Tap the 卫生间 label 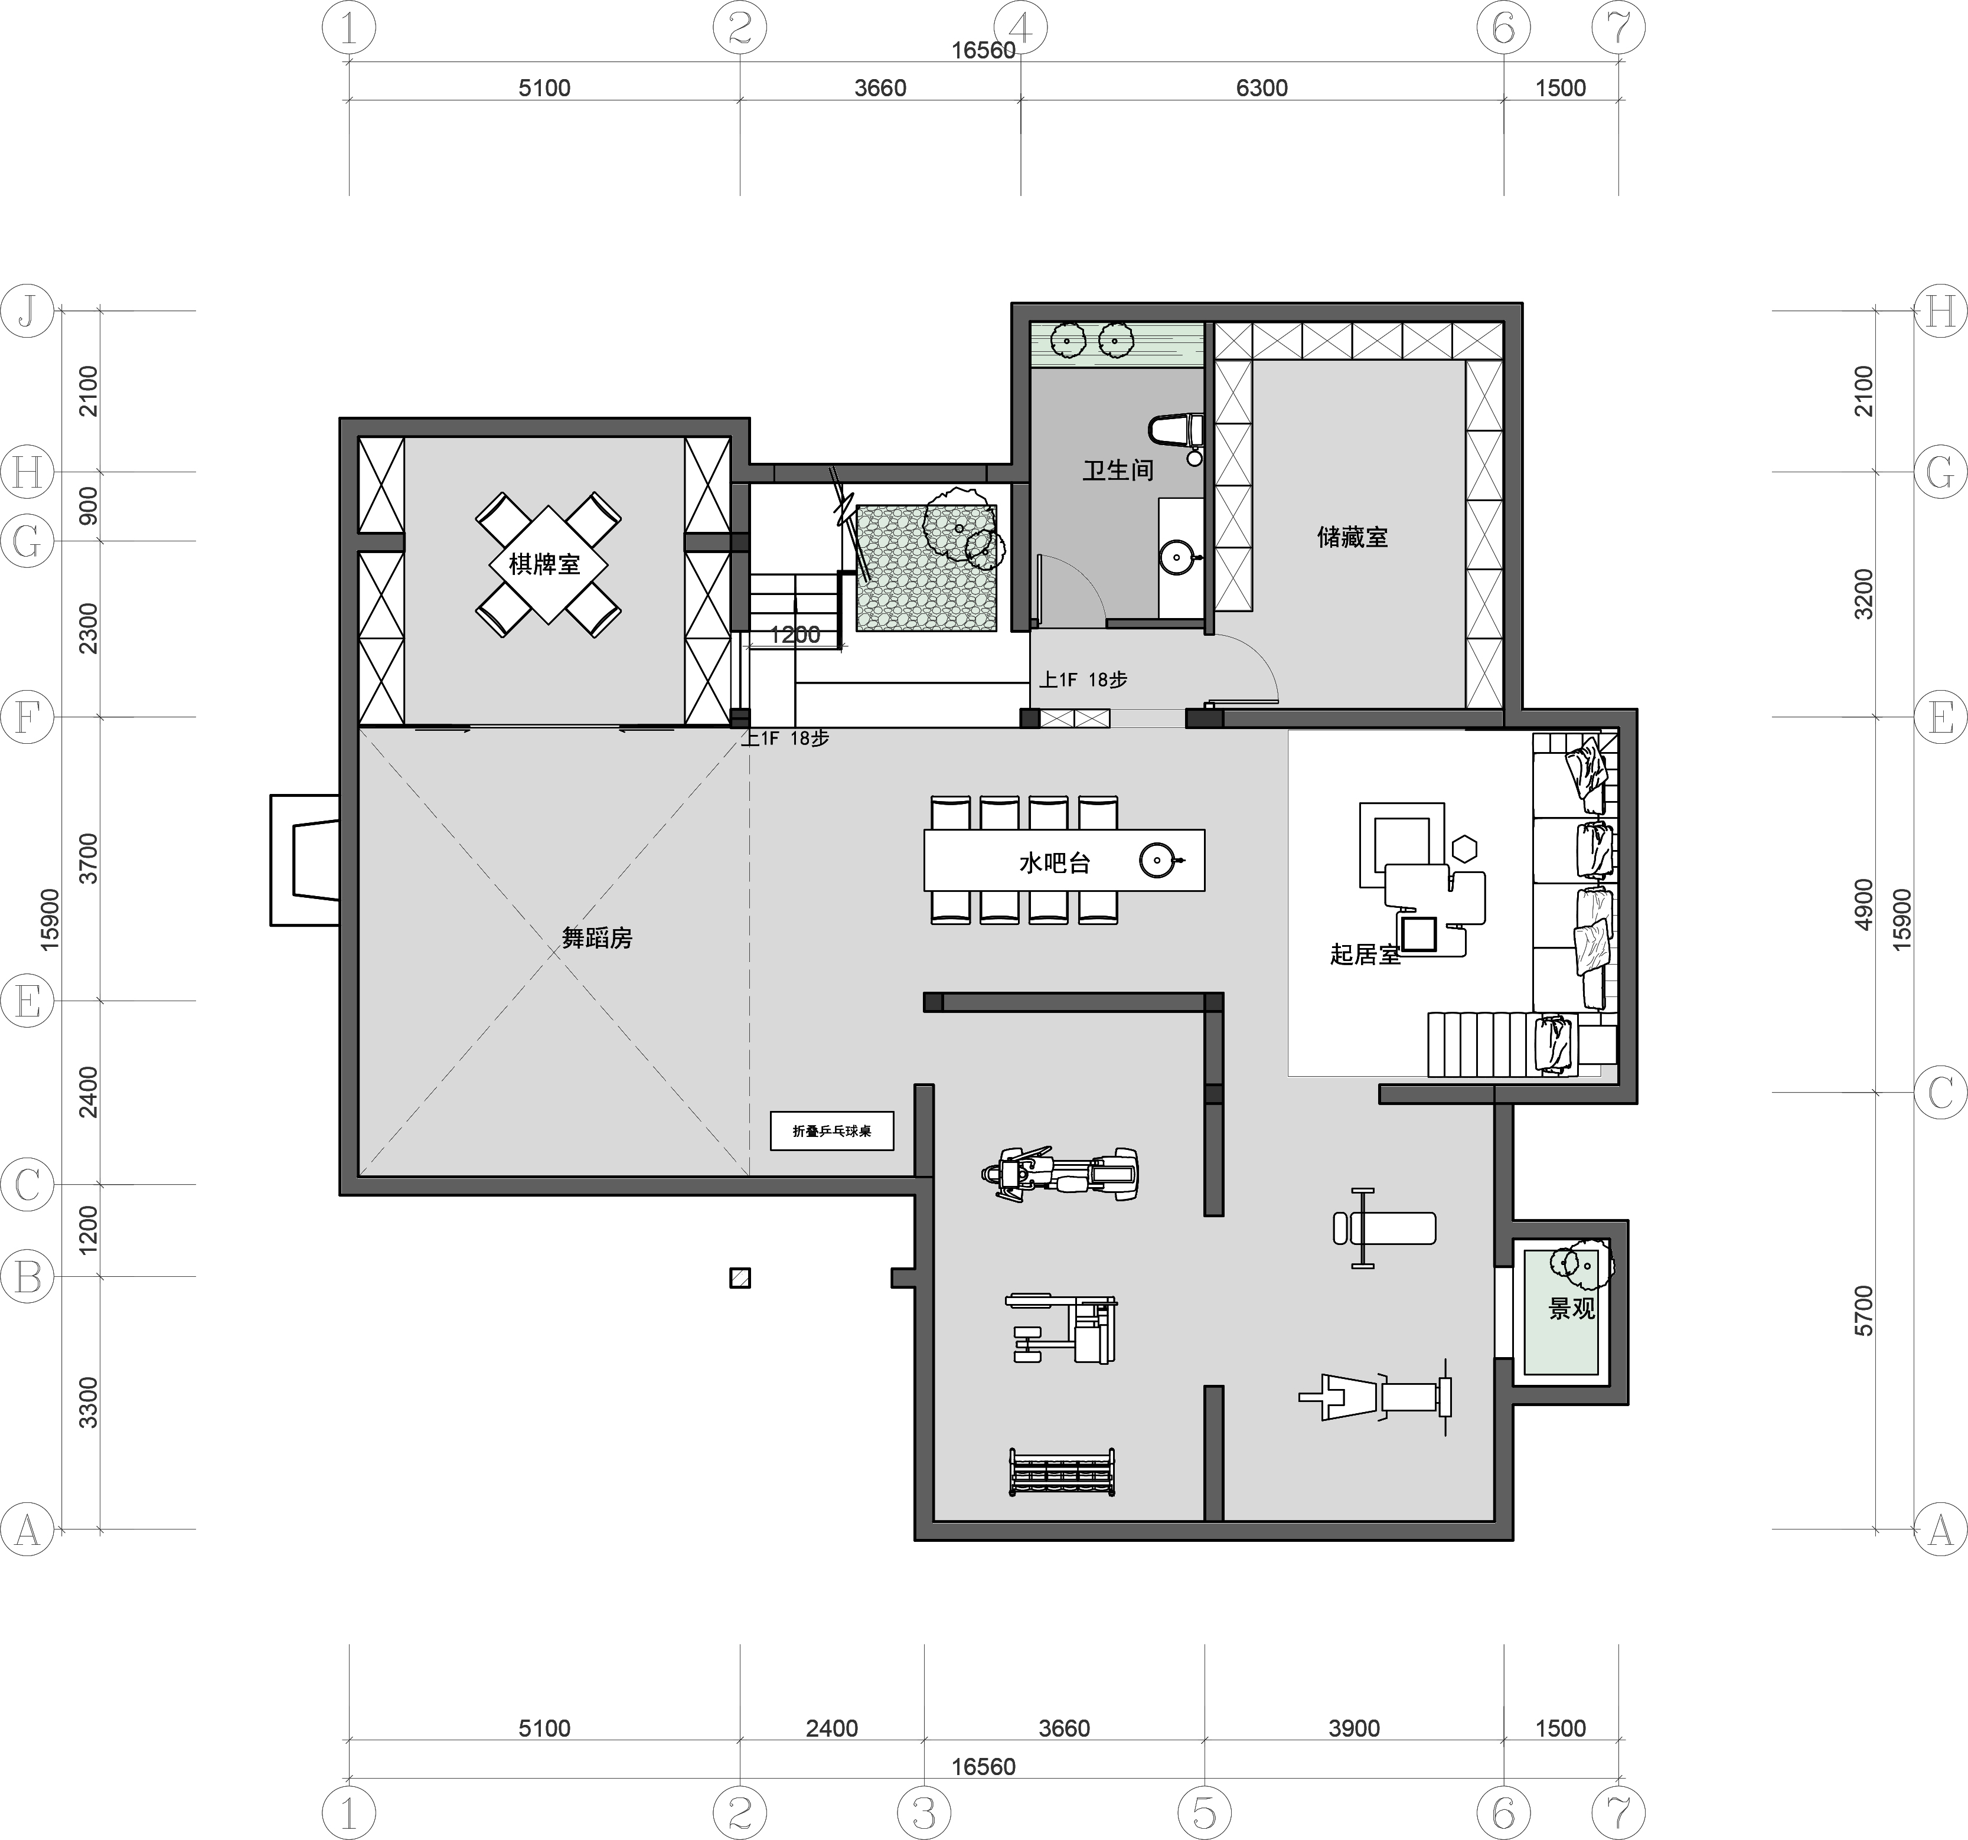1118,470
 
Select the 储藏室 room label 1352,537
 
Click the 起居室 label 1365,954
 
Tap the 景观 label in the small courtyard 1572,1309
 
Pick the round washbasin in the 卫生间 1177,556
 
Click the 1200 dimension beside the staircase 795,635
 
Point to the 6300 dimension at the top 1262,88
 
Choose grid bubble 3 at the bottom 923,1813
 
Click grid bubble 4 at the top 1021,29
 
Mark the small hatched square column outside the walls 739,1278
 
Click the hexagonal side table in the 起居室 1465,848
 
